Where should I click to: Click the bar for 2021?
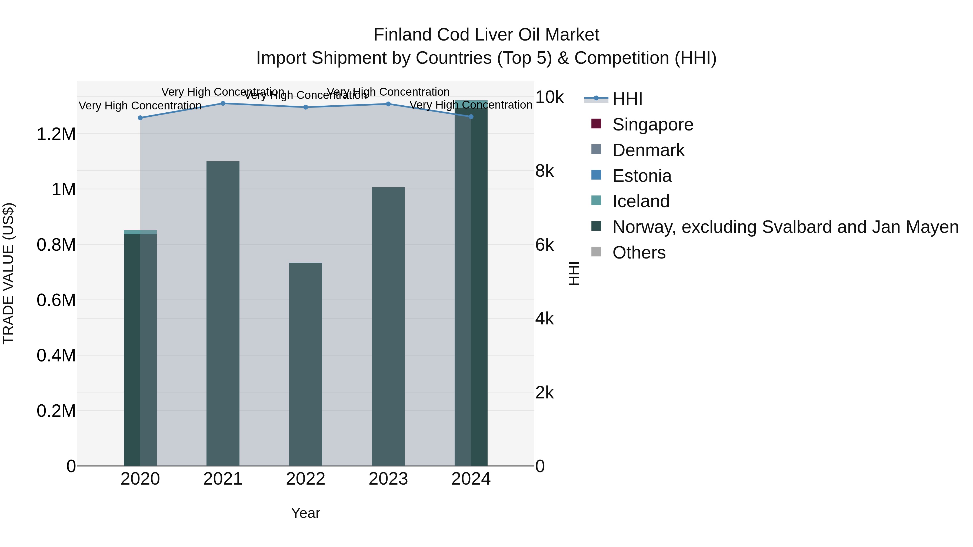[223, 313]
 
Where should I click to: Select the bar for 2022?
[306, 364]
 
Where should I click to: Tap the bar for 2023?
[388, 327]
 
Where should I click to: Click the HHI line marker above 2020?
[140, 118]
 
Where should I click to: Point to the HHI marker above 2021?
[223, 103]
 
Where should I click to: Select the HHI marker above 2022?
[306, 107]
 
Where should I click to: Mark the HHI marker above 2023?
[388, 104]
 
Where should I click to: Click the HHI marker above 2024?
[471, 117]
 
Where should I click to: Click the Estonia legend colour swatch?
[596, 175]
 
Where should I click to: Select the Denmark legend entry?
[648, 150]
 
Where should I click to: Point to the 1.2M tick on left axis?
[56, 135]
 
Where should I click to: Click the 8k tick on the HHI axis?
[544, 171]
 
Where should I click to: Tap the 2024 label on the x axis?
[471, 479]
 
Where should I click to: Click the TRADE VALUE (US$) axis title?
[8, 273]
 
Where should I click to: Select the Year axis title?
[306, 513]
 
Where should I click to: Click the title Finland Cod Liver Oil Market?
[486, 35]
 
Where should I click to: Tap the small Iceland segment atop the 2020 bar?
[140, 232]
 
